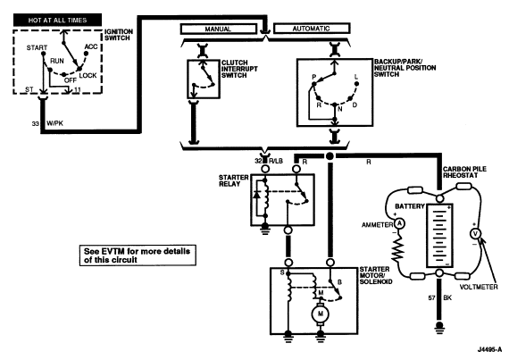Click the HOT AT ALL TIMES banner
[x=57, y=21]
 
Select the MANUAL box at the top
[x=218, y=29]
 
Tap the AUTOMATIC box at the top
[x=312, y=29]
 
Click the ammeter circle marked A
[x=399, y=223]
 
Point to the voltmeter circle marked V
[x=476, y=234]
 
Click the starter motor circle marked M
[x=321, y=314]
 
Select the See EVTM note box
[x=138, y=255]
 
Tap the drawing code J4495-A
[x=489, y=349]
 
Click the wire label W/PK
[x=54, y=123]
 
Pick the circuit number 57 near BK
[x=431, y=297]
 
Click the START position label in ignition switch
[x=37, y=47]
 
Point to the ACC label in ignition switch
[x=91, y=46]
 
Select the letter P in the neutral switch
[x=314, y=77]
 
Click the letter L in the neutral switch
[x=356, y=77]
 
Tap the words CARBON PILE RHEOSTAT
[x=464, y=172]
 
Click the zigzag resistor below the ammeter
[x=397, y=248]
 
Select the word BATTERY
[x=410, y=206]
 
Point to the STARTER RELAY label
[x=233, y=180]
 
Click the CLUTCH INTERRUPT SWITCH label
[x=239, y=69]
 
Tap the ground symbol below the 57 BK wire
[x=439, y=327]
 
